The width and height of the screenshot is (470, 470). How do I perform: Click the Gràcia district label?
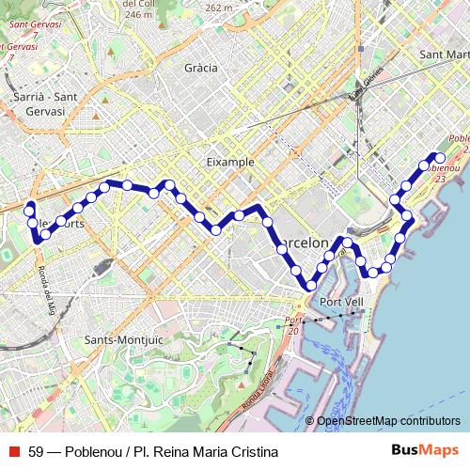pyautogui.click(x=201, y=68)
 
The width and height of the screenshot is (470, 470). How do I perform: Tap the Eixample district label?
pyautogui.click(x=230, y=162)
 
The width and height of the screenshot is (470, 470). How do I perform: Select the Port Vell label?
pyautogui.click(x=341, y=302)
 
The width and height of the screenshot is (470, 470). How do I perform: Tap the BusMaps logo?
pyautogui.click(x=425, y=451)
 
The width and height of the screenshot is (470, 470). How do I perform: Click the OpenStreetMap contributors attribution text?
pyautogui.click(x=388, y=420)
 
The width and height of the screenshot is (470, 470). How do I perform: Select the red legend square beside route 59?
pyautogui.click(x=13, y=452)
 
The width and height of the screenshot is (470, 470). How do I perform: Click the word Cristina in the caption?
pyautogui.click(x=254, y=452)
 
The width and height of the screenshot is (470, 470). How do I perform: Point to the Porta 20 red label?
pyautogui.click(x=294, y=325)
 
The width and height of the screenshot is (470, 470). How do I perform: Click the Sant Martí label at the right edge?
pyautogui.click(x=444, y=55)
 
